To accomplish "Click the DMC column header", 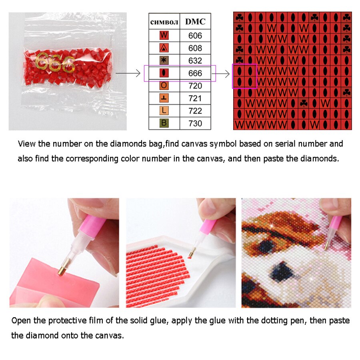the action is (195, 22).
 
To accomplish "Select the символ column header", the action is (164, 22).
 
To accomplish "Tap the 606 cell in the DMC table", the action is (195, 36).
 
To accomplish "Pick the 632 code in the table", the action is (195, 61).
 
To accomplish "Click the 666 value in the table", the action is (195, 73).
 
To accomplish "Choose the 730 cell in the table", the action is (195, 123).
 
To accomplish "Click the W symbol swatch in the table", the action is (164, 35).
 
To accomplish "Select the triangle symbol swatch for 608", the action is (164, 48).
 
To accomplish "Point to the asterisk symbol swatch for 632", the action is (164, 60).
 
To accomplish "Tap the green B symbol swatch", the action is (164, 123).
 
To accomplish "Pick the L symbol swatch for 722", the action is (164, 110).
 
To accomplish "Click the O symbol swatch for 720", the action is (164, 86).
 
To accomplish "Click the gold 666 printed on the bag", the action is (55, 62).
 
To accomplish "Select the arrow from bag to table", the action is (128, 73).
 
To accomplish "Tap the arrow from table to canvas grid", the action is (221, 74).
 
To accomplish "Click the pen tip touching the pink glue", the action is (62, 270).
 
